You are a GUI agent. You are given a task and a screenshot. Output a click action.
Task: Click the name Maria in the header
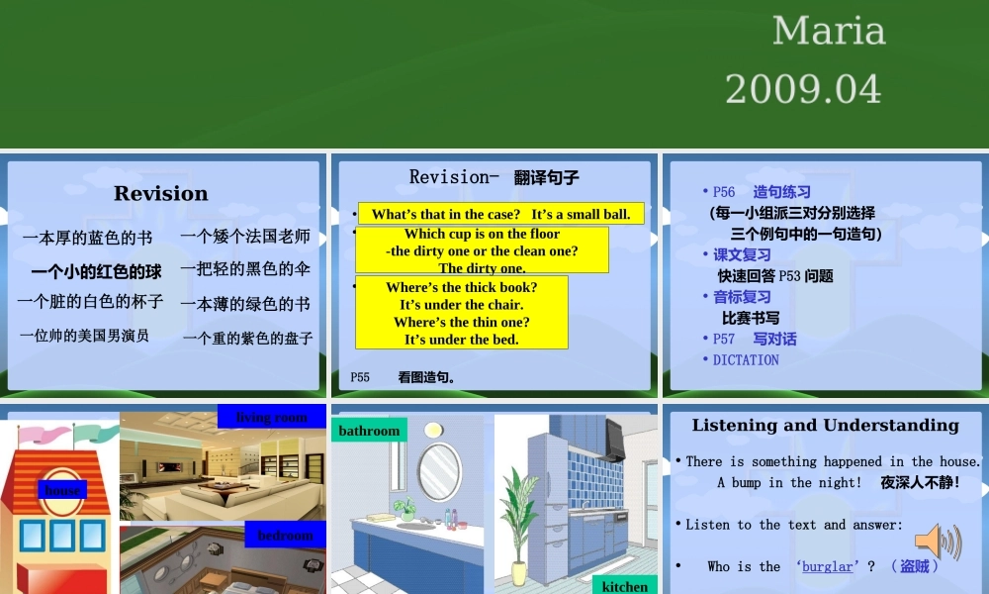tap(828, 31)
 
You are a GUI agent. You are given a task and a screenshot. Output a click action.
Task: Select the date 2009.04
tap(803, 89)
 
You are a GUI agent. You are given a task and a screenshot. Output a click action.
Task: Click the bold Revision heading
tap(161, 193)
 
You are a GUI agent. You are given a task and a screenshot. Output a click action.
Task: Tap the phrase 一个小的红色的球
tap(96, 271)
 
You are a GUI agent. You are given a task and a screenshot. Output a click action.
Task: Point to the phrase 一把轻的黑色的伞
tap(245, 268)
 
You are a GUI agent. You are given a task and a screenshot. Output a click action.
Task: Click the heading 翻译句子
tap(546, 178)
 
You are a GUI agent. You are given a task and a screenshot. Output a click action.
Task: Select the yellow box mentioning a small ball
tap(500, 214)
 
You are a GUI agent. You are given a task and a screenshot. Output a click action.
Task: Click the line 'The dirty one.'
tap(482, 267)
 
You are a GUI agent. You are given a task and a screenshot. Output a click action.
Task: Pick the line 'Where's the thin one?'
tap(461, 322)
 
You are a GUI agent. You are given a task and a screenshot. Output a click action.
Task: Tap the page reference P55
tap(360, 377)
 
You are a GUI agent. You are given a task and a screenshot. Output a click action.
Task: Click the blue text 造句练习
tap(781, 192)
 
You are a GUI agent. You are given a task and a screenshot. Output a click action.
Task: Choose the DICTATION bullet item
tap(746, 360)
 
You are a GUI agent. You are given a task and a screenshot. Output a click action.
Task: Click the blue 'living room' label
tap(272, 417)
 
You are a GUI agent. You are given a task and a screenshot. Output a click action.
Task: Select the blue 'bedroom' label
tap(285, 536)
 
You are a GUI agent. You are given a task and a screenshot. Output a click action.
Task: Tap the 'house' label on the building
tap(62, 490)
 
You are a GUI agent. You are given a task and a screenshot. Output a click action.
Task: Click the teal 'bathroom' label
tap(369, 431)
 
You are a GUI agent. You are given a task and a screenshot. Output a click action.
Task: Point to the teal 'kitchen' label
tap(625, 586)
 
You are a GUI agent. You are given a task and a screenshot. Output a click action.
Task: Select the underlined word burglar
tap(827, 567)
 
